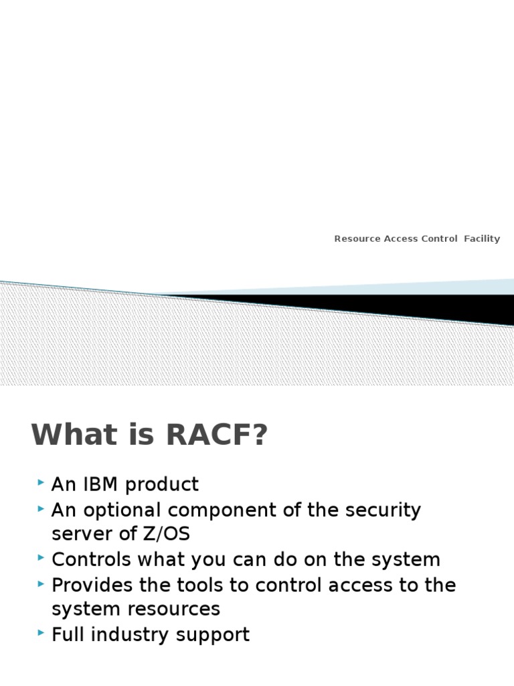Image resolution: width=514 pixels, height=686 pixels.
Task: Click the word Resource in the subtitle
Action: click(x=357, y=239)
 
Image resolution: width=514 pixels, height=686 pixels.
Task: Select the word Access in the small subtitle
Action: click(x=401, y=239)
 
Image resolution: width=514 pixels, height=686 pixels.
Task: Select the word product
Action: click(x=162, y=484)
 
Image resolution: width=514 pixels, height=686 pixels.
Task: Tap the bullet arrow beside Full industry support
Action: click(x=41, y=633)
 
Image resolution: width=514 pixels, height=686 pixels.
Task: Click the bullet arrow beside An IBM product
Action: click(x=41, y=482)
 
